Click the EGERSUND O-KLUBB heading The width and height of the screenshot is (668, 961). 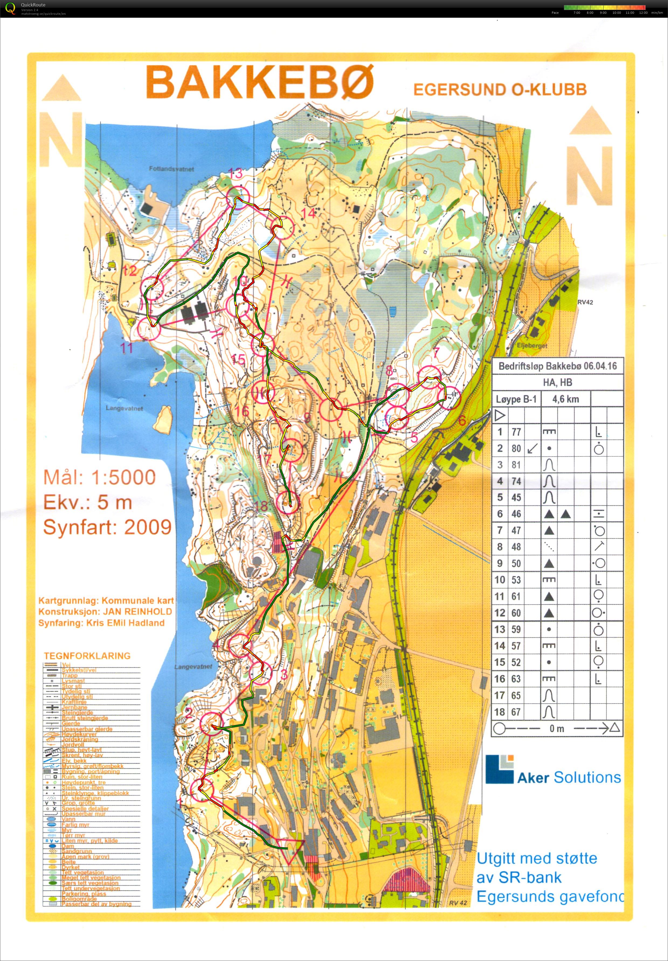pyautogui.click(x=500, y=89)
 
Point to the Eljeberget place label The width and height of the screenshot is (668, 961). pyautogui.click(x=532, y=346)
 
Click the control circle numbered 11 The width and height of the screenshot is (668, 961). pyautogui.click(x=149, y=328)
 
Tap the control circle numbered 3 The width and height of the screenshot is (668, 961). pyautogui.click(x=261, y=673)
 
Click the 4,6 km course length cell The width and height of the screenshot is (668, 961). pyautogui.click(x=565, y=399)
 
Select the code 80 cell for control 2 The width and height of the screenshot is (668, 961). pyautogui.click(x=516, y=449)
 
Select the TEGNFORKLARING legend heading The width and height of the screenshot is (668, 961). pyautogui.click(x=87, y=655)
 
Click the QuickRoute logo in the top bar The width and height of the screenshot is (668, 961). pyautogui.click(x=10, y=8)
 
